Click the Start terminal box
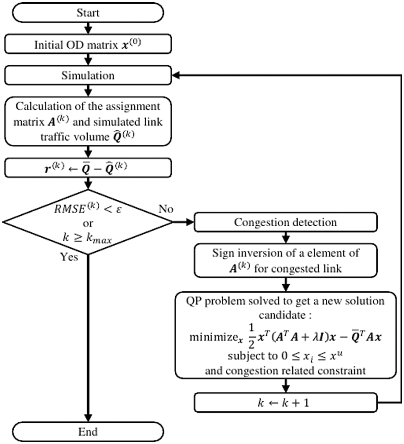(88, 13)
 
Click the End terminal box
(88, 432)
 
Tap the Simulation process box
(88, 76)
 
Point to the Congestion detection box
(285, 222)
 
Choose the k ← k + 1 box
(285, 402)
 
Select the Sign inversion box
(285, 260)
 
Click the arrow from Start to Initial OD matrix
(88, 28)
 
